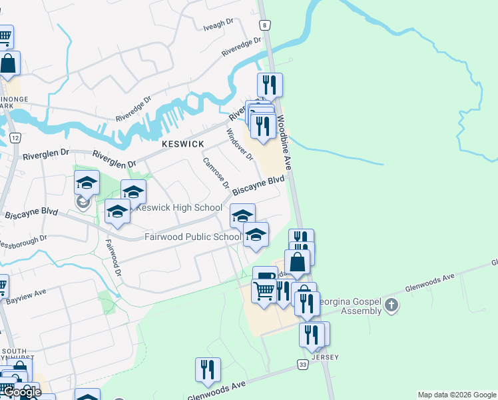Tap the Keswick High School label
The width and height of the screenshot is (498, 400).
[x=178, y=207]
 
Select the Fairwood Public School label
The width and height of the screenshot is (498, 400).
[x=193, y=237]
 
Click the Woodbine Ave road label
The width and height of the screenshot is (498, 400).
[x=286, y=142]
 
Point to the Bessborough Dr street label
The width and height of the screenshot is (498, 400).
[x=24, y=239]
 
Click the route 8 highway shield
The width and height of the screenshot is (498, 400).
[x=266, y=25]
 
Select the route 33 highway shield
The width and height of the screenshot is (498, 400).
[x=303, y=365]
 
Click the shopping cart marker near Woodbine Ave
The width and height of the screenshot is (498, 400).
[x=264, y=291]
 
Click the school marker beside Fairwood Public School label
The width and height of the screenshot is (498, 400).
[x=256, y=234]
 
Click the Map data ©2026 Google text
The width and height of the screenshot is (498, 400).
[x=457, y=395]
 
